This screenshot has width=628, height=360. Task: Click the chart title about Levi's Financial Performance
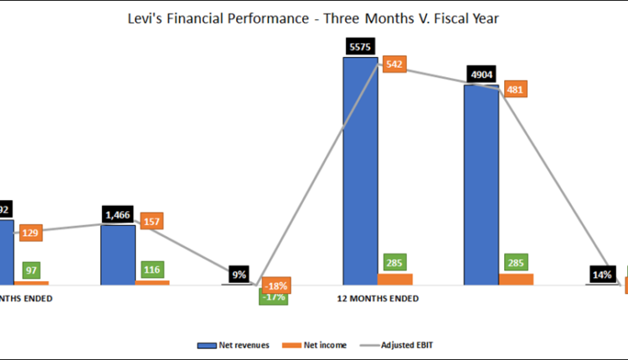313,18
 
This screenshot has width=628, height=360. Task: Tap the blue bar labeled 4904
481,184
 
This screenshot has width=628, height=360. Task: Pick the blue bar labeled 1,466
118,255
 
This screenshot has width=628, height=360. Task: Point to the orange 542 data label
394,64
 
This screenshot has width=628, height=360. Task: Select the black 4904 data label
481,73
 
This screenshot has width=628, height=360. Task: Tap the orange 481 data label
516,90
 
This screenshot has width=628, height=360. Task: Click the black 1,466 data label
118,214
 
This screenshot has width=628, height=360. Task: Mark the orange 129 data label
30,231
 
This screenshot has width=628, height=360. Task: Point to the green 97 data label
30,270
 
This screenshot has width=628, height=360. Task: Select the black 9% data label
239,273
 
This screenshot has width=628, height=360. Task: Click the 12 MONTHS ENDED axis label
378,298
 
